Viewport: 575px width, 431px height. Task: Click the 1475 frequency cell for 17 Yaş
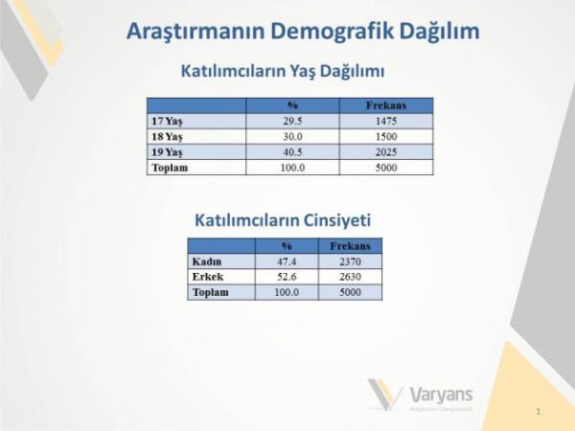pyautogui.click(x=387, y=122)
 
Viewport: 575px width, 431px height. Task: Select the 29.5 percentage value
pyautogui.click(x=293, y=122)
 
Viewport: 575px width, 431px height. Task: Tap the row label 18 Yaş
pyautogui.click(x=167, y=137)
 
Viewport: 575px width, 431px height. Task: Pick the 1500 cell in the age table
pyautogui.click(x=387, y=137)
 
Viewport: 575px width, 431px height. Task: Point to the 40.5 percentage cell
pyautogui.click(x=293, y=152)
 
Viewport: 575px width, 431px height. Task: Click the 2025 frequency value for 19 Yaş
pyautogui.click(x=387, y=152)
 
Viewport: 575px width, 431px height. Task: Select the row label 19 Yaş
pyautogui.click(x=167, y=152)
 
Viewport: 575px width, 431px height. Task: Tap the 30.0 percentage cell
pyautogui.click(x=293, y=137)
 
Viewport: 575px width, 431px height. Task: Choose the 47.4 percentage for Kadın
pyautogui.click(x=287, y=261)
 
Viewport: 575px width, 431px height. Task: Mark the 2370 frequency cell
pyautogui.click(x=350, y=261)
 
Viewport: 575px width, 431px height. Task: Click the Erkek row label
pyautogui.click(x=208, y=277)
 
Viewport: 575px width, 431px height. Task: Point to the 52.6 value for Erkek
pyautogui.click(x=287, y=277)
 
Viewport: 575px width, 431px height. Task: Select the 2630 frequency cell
pyautogui.click(x=350, y=277)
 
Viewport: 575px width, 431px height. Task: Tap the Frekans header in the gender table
pyautogui.click(x=350, y=246)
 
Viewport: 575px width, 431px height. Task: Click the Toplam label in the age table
pyautogui.click(x=170, y=168)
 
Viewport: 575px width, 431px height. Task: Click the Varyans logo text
pyautogui.click(x=441, y=393)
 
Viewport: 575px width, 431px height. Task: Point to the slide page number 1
pyautogui.click(x=539, y=411)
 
